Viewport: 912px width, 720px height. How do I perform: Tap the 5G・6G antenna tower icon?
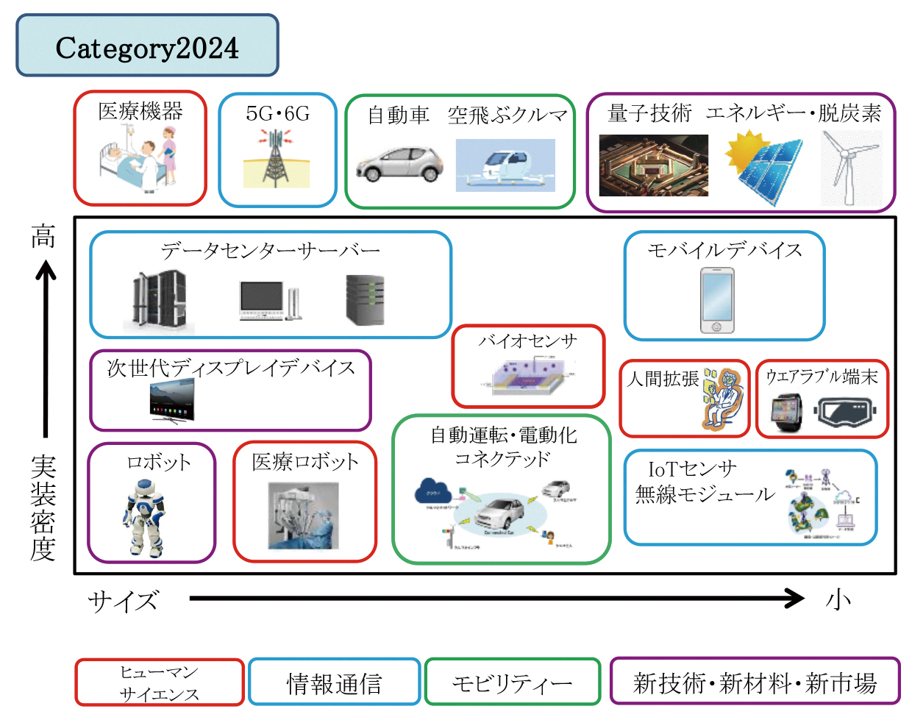coord(277,157)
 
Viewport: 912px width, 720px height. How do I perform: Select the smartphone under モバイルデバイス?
coord(717,301)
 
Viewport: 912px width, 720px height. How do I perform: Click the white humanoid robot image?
coord(144,516)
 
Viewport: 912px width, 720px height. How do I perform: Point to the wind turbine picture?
coord(850,167)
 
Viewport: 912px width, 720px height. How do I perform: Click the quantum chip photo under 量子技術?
coord(653,165)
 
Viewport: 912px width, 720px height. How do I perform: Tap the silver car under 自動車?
coord(399,164)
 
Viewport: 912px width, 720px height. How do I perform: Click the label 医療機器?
coord(140,111)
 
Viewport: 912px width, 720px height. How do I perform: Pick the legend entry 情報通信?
coord(334,683)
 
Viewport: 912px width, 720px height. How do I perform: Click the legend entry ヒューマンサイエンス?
coord(159,683)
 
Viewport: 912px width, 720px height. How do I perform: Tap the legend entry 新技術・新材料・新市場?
coord(755,682)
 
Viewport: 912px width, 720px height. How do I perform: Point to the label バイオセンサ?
coord(527,341)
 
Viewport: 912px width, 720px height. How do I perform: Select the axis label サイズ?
coord(123,601)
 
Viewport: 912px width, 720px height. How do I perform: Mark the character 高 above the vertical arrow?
coord(43,237)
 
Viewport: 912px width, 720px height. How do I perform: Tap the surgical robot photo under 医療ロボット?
coord(304,516)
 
